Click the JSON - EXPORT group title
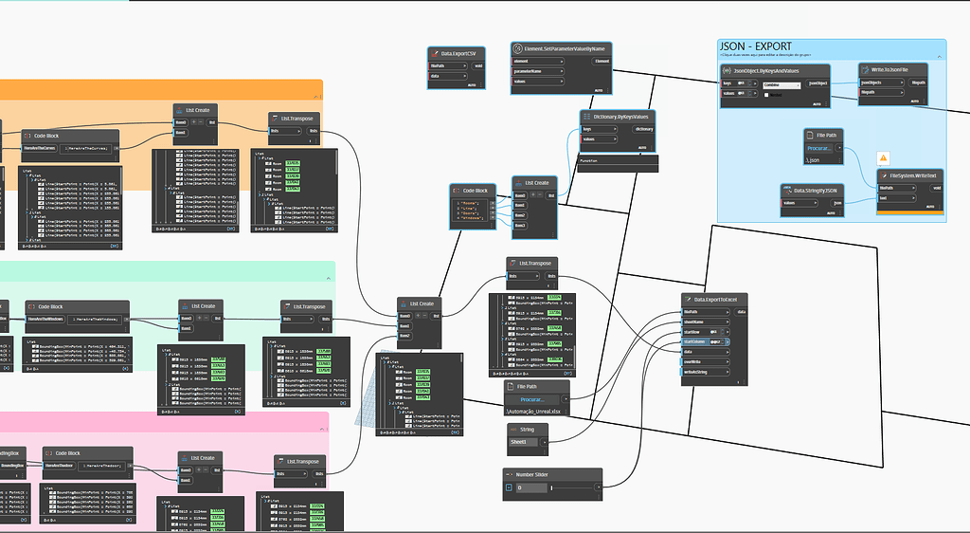pos(756,46)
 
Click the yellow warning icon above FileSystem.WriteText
pos(883,157)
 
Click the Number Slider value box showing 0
pos(530,487)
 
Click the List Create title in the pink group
pos(206,458)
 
